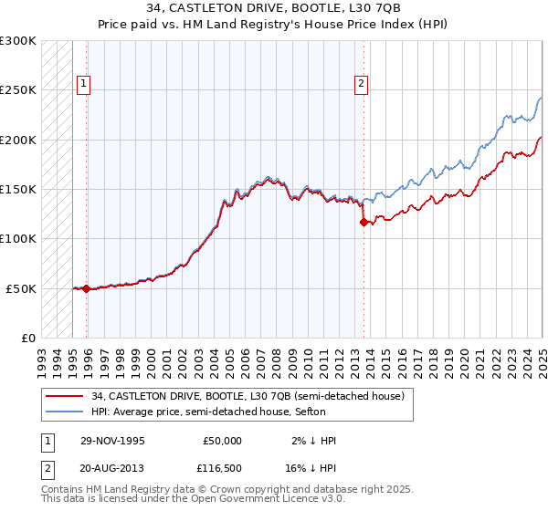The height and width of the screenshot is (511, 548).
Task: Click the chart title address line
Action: tap(273, 9)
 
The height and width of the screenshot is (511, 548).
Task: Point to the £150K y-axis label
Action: tap(18, 190)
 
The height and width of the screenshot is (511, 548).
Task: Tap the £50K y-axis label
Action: tap(22, 288)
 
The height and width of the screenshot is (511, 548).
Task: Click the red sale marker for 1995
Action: tap(86, 288)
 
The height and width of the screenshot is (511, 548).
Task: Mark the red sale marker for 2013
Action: tap(364, 222)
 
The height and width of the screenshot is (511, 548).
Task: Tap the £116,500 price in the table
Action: tap(222, 468)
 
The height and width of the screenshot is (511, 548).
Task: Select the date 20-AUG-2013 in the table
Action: tap(112, 468)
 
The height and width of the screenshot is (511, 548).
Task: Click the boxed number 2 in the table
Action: tap(46, 468)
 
